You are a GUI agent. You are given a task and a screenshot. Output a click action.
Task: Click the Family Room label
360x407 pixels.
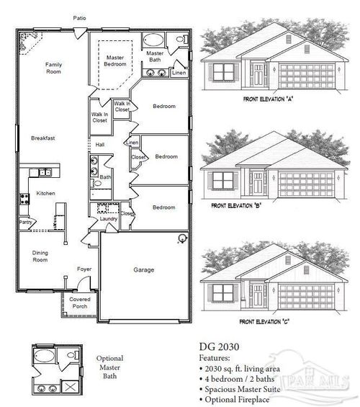[x=53, y=68]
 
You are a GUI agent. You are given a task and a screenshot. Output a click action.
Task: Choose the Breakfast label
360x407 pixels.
[x=43, y=138]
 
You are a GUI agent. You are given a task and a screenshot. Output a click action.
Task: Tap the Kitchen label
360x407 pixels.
[x=46, y=193]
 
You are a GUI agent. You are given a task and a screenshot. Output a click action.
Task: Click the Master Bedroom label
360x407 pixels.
[x=115, y=61]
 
